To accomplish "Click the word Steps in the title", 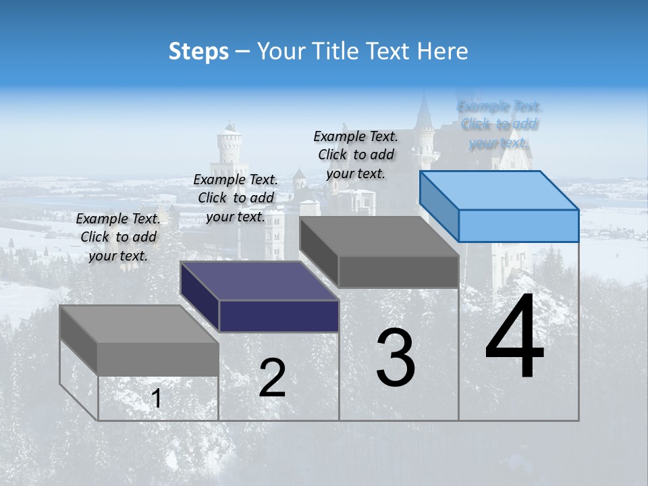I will pos(198,51).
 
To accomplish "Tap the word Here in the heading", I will pos(441,51).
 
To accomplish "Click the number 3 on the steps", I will pos(396,358).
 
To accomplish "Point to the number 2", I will pos(272,378).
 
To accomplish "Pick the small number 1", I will pos(157,398).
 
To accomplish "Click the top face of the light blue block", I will pos(500,190).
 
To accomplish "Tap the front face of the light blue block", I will pos(518,225).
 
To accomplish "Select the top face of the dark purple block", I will pos(260,280).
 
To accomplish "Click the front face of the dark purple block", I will pos(279,316).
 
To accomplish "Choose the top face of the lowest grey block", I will pos(139,324).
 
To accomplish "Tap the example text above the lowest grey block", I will pos(118,237).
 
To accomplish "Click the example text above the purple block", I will pos(236,198).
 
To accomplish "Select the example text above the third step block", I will pos(356,155).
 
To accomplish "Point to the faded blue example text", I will pos(499,124).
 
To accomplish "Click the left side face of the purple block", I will pos(200,295).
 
